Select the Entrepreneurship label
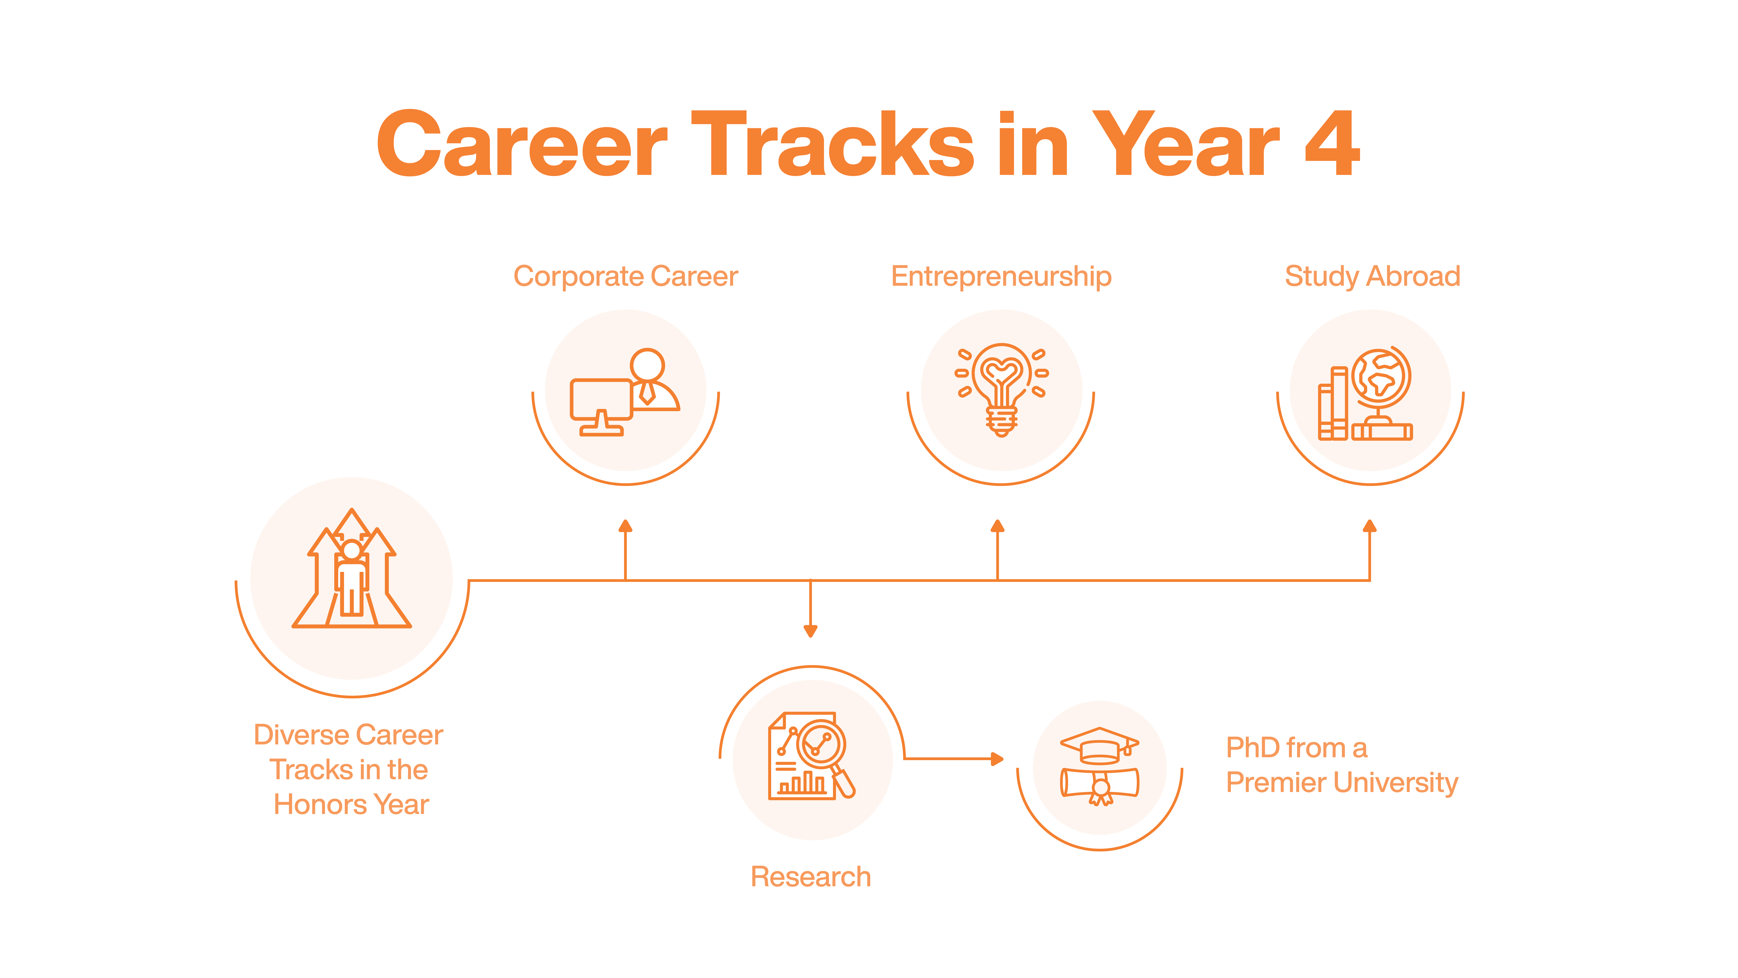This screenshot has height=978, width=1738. tap(1001, 277)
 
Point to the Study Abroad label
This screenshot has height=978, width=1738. tap(1372, 277)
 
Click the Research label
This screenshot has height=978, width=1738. tap(811, 877)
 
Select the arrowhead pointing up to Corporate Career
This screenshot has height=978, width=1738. tap(625, 526)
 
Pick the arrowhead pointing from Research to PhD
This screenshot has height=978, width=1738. tap(997, 759)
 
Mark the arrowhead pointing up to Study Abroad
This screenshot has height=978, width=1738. tap(1370, 526)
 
